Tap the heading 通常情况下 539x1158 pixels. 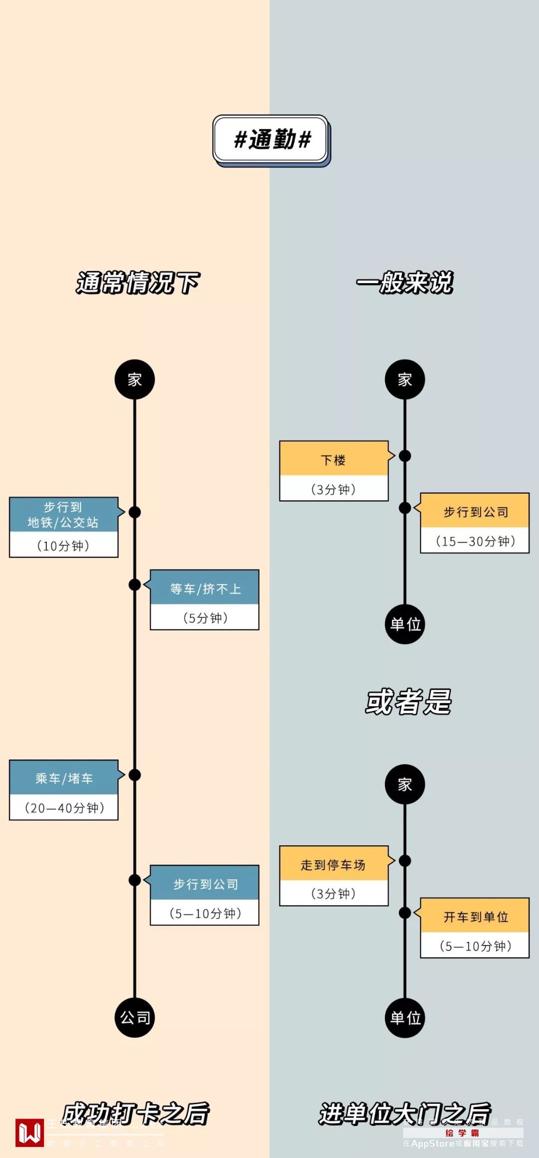138,283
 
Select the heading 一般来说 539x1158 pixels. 405,283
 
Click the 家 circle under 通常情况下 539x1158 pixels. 135,380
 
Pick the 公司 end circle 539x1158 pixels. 135,1017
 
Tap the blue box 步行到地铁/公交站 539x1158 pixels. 63,515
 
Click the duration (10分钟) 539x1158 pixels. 63,546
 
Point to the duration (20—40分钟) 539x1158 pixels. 64,807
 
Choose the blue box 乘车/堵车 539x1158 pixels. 64,778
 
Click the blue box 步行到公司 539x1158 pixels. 205,884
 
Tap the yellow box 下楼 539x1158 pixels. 333,459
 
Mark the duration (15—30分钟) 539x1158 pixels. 475,541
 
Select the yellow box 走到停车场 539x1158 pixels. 333,864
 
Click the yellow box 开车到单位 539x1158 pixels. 475,917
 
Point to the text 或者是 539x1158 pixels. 408,702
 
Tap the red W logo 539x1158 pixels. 29,1133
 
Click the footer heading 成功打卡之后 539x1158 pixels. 136,1114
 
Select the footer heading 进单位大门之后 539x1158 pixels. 405,1114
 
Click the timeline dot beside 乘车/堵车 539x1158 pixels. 135,774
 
